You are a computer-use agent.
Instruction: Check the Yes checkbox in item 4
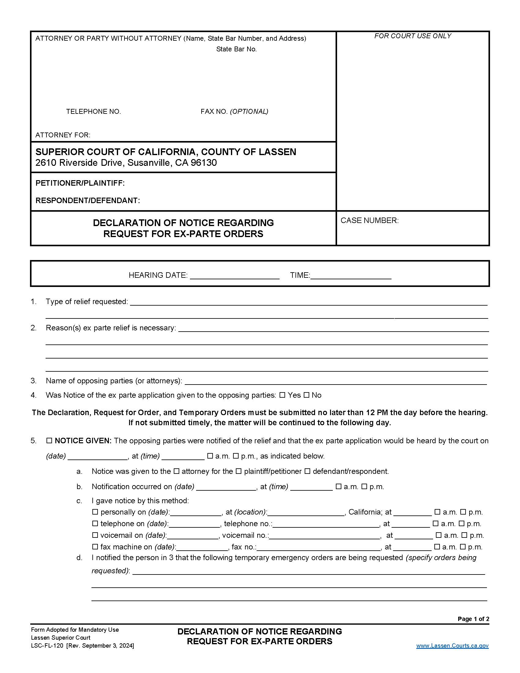[282, 395]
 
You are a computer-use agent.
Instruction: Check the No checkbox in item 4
[306, 395]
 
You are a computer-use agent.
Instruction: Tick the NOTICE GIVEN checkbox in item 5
[49, 441]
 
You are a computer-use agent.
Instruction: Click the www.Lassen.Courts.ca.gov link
[452, 645]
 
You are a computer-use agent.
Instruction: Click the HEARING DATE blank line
[234, 275]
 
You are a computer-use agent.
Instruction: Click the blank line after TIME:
[351, 275]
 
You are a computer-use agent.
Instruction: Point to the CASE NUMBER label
[370, 220]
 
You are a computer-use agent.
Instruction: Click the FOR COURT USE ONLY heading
[413, 36]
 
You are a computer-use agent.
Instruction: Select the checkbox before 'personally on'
[95, 512]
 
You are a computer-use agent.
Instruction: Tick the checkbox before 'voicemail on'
[95, 535]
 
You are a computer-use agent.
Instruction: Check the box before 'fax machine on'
[95, 547]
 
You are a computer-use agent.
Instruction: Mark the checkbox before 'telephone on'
[95, 523]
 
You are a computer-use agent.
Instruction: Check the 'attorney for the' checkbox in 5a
[176, 471]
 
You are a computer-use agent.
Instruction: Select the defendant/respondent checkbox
[307, 471]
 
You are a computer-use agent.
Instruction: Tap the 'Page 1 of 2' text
[473, 619]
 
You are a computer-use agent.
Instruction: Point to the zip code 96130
[204, 163]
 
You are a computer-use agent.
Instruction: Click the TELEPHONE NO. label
[93, 112]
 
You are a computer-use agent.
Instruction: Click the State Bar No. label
[236, 49]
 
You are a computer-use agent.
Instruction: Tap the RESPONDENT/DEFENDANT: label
[88, 201]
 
